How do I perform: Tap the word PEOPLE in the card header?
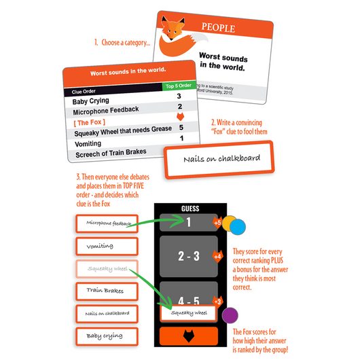coord(218,29)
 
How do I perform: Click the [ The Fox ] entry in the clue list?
coord(89,122)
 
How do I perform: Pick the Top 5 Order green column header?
coord(179,86)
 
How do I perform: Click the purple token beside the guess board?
coord(230,315)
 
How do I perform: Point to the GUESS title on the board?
coord(189,209)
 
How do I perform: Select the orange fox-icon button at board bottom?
coord(189,336)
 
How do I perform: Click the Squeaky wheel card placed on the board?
coord(188,314)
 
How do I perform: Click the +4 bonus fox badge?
coord(217,257)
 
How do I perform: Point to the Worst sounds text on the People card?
coord(224,60)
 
